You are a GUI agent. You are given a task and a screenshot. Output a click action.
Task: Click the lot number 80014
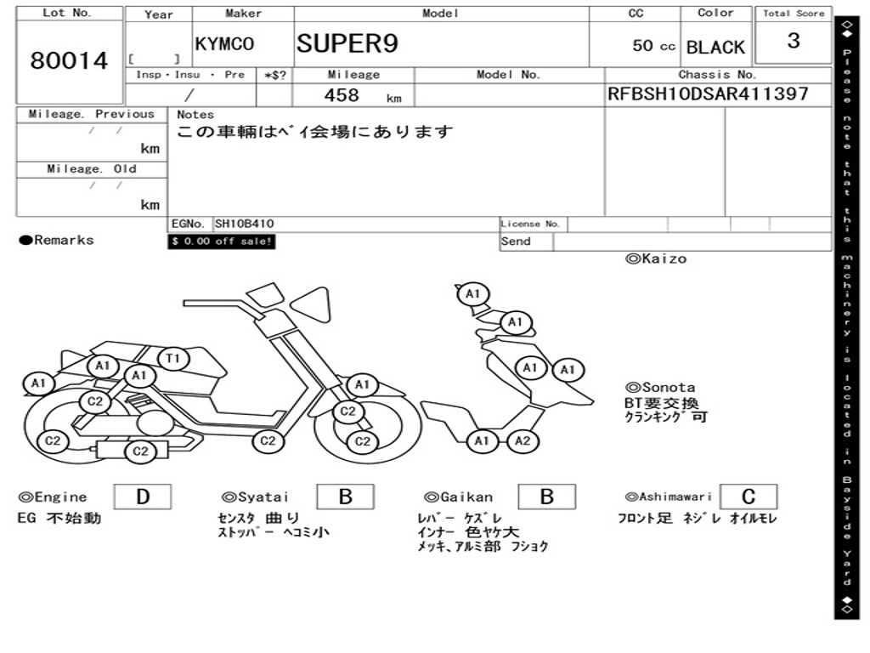(70, 61)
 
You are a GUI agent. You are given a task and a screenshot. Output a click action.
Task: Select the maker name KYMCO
(224, 45)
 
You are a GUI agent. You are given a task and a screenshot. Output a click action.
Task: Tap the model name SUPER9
(347, 43)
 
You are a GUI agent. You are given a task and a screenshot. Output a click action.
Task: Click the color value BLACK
(715, 48)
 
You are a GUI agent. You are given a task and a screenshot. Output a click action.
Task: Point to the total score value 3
(793, 42)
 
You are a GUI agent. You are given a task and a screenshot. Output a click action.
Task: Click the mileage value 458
(342, 95)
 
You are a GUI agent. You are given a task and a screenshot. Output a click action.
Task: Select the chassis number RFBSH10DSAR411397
(708, 94)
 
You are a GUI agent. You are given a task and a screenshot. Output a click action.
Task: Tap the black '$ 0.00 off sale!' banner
(222, 241)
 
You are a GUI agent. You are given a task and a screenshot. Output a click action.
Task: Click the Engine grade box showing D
(142, 497)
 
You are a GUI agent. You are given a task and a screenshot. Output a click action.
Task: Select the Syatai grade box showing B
(345, 497)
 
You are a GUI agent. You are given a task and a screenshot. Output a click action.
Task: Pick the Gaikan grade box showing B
(547, 497)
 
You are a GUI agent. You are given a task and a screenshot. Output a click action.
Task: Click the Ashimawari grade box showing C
(748, 497)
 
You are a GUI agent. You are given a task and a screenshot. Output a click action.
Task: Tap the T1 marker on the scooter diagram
(172, 359)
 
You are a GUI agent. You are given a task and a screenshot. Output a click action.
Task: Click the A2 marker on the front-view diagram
(523, 440)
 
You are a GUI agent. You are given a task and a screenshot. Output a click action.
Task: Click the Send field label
(516, 241)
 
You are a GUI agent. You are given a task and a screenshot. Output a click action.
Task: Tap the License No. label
(531, 224)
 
